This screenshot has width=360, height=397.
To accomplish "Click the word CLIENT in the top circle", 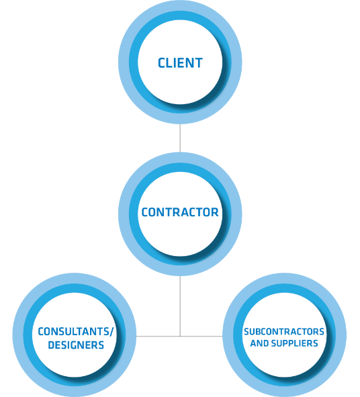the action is tap(180, 62).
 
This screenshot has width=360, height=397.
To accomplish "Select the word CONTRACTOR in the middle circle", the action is tap(180, 212).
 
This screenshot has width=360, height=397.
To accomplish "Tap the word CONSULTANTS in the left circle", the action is tap(74, 331).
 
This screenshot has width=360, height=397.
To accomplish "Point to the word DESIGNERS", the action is tap(76, 345).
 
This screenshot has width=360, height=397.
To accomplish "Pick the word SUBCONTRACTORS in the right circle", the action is tap(284, 332).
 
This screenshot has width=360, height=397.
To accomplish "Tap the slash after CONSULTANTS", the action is tap(111, 331).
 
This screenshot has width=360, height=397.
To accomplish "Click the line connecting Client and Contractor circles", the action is tap(180, 138).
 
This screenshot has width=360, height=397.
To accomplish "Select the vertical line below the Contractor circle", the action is tap(180, 306).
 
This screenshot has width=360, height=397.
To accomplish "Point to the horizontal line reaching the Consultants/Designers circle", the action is tap(158, 337).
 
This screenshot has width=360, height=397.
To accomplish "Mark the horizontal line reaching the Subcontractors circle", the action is tap(201, 337).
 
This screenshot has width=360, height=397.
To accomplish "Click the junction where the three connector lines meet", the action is tap(180, 337).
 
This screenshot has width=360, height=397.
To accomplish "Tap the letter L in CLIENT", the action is tap(170, 62).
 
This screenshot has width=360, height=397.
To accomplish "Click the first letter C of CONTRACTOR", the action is tap(145, 212).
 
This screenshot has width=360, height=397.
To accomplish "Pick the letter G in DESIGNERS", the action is tap(76, 345).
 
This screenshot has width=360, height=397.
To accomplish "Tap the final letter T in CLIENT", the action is tap(199, 62).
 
